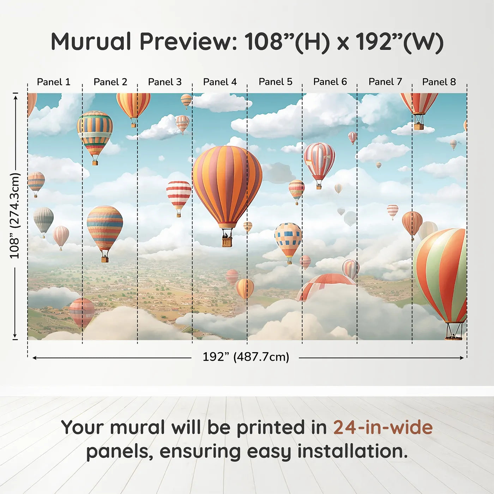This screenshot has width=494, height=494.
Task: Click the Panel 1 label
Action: pyautogui.click(x=54, y=82)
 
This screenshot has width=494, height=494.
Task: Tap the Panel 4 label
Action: pyautogui.click(x=220, y=82)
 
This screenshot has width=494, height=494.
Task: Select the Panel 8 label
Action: pyautogui.click(x=439, y=82)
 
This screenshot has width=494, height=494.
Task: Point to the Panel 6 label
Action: pyautogui.click(x=330, y=82)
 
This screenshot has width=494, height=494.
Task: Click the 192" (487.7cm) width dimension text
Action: pyautogui.click(x=246, y=357)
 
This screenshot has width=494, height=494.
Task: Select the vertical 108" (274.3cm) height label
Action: pyautogui.click(x=15, y=216)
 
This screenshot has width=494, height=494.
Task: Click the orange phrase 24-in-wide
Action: pyautogui.click(x=383, y=427)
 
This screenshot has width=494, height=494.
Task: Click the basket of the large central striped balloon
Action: pyautogui.click(x=227, y=241)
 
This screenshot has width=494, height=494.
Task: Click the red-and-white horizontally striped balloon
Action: pyautogui.click(x=179, y=194)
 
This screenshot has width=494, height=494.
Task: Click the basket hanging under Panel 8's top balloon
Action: pyautogui.click(x=419, y=126)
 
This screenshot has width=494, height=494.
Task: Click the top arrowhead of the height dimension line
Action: pyautogui.click(x=15, y=96)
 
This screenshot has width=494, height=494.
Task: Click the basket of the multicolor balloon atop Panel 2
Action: pyautogui.click(x=95, y=163)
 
